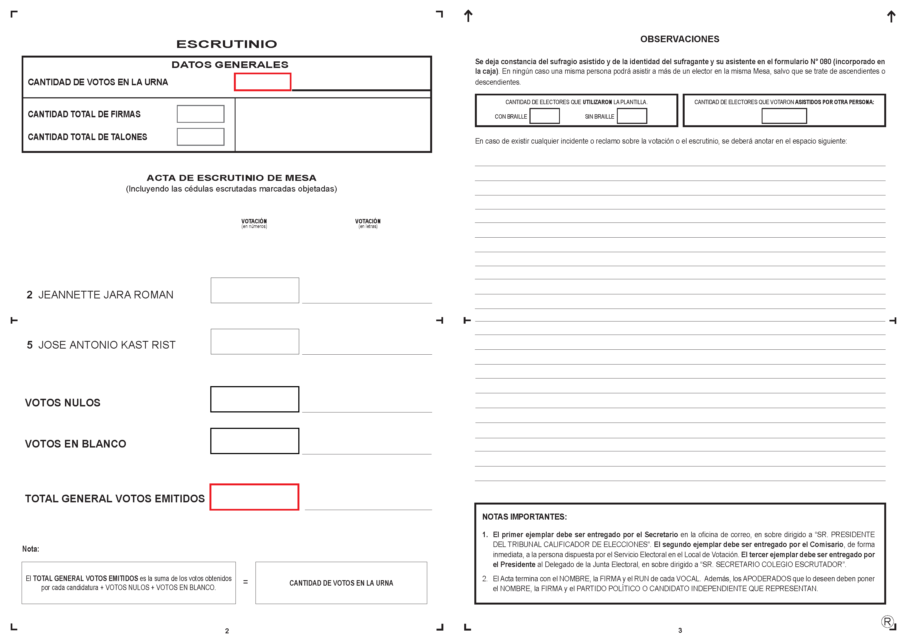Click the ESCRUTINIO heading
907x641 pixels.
[x=226, y=44]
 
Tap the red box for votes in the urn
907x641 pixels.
[x=262, y=82]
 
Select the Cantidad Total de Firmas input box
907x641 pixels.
[x=200, y=114]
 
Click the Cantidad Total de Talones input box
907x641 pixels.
[x=200, y=137]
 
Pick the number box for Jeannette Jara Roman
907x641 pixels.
[x=254, y=290]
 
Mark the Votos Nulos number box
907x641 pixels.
[x=254, y=399]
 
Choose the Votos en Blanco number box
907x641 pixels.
[x=254, y=441]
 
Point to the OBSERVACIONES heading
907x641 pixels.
[x=679, y=39]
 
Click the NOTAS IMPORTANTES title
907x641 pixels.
[x=524, y=517]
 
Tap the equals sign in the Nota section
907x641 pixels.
[x=245, y=582]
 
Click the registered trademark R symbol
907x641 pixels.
[x=887, y=622]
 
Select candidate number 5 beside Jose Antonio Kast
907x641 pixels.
[x=30, y=345]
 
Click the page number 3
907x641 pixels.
[x=680, y=630]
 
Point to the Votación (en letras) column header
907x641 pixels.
[x=367, y=223]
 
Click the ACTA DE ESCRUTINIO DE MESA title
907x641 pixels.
[x=231, y=178]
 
